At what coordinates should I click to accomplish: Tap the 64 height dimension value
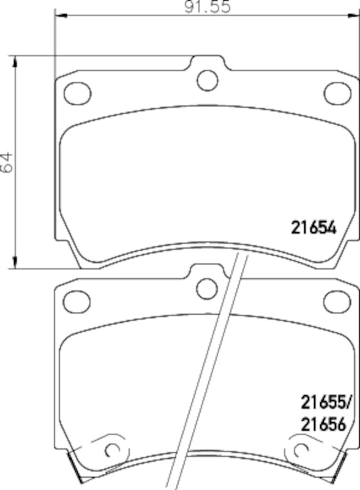(7, 162)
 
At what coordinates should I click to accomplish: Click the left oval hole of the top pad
(78, 92)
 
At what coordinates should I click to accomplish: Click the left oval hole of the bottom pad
(78, 300)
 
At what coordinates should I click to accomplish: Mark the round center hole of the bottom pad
(208, 287)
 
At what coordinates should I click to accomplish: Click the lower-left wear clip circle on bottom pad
(112, 449)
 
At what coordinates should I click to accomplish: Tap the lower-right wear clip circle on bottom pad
(301, 449)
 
